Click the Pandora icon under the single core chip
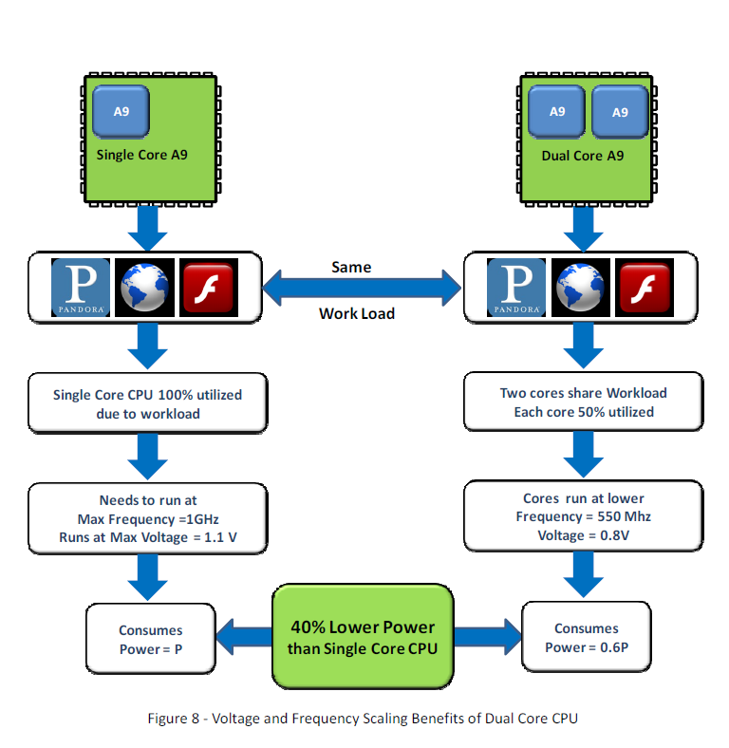80,287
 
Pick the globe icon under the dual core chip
582,287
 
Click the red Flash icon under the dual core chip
645,287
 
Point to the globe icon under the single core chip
143,287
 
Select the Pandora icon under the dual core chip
517,287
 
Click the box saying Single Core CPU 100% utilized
146,404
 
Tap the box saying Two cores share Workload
583,402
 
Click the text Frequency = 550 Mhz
583,516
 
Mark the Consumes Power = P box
151,639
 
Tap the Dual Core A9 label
583,156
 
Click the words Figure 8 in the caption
173,719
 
